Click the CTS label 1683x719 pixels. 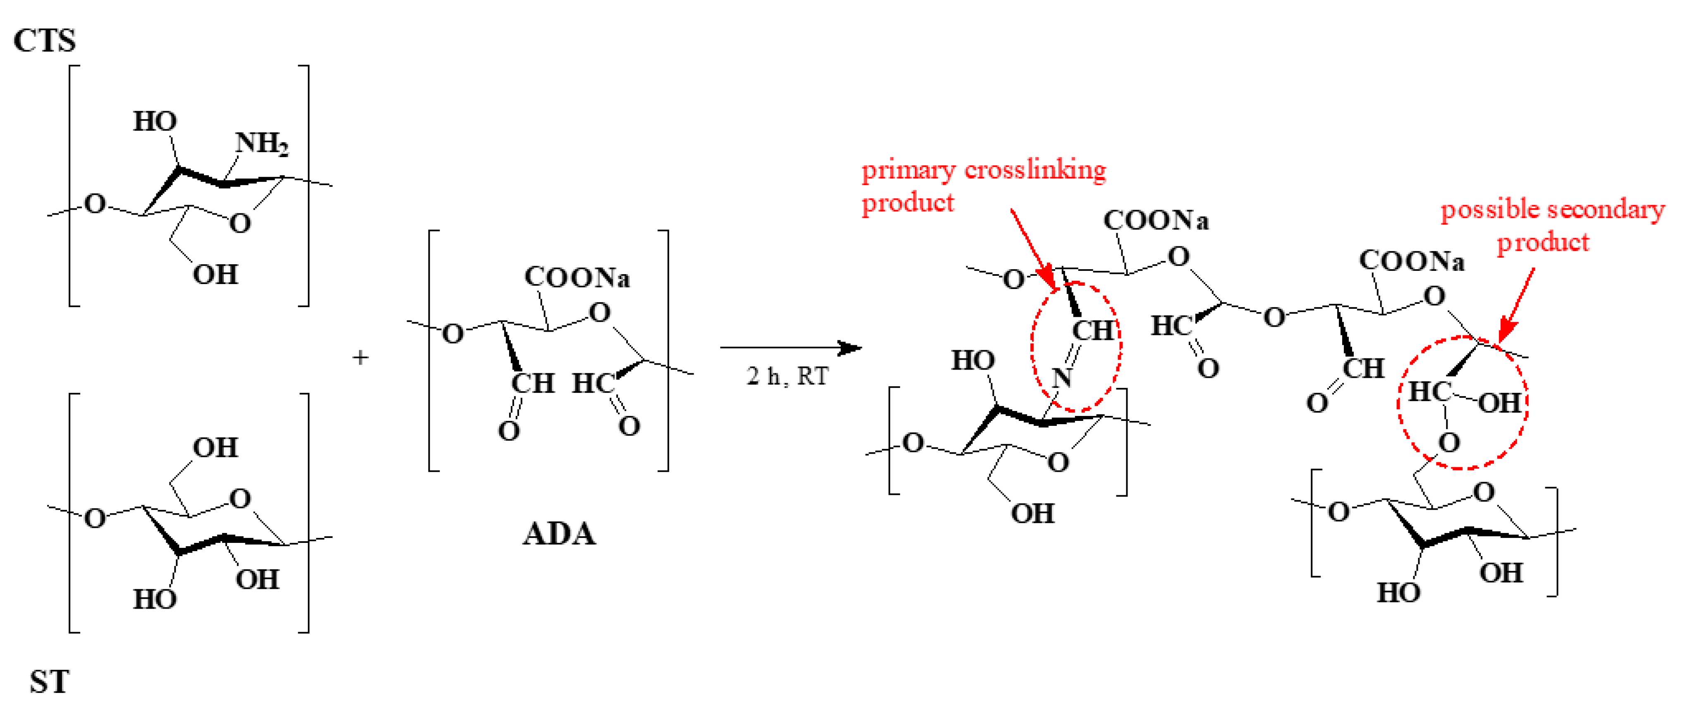[x=44, y=41]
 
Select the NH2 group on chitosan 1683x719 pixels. [x=261, y=143]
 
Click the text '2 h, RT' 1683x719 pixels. [x=787, y=376]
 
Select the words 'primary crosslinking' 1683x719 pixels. [x=983, y=170]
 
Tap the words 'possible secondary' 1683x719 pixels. [x=1552, y=210]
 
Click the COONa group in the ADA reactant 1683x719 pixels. [x=577, y=277]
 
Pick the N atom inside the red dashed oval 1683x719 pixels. [x=1062, y=377]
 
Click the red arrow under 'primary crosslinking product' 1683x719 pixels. [x=1032, y=248]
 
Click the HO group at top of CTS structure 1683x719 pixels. [x=155, y=122]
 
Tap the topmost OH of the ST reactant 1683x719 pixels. [x=215, y=448]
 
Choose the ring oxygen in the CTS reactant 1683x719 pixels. [x=240, y=223]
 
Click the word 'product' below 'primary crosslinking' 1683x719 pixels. [x=907, y=203]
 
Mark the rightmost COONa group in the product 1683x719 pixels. [x=1411, y=260]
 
